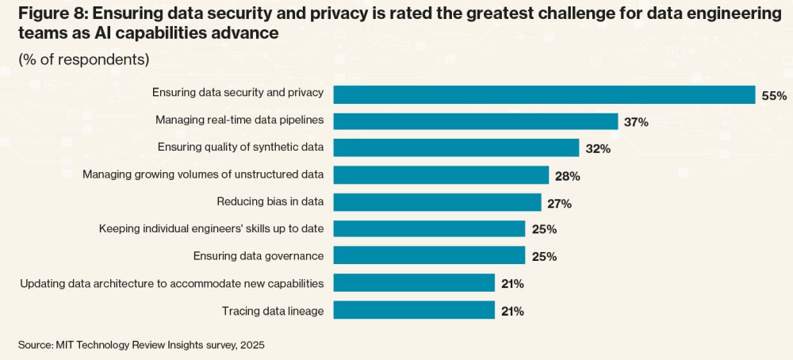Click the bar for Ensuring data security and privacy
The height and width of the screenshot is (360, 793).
coord(544,94)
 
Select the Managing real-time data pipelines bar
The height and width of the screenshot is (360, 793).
coord(475,121)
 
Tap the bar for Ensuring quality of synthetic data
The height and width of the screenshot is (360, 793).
coord(456,148)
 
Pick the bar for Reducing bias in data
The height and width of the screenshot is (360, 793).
coord(437,202)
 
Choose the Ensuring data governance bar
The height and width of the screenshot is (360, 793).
coord(429,255)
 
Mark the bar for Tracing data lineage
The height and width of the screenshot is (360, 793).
coord(414,309)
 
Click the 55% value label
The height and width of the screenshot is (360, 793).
coord(774,96)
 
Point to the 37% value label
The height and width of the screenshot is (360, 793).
coord(637,122)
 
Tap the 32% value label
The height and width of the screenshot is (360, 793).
coord(598,149)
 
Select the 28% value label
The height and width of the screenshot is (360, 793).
coord(568,176)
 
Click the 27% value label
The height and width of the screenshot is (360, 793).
coord(559,203)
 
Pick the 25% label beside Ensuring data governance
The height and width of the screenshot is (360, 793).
coord(544,257)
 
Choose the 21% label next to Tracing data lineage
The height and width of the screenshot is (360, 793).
coord(512,311)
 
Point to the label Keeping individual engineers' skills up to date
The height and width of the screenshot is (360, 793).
coord(211,228)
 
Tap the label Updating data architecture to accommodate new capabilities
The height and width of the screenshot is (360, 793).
coord(172,283)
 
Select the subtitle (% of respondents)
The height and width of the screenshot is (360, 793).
coord(83,59)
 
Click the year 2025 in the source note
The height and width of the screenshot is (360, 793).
coord(251,345)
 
